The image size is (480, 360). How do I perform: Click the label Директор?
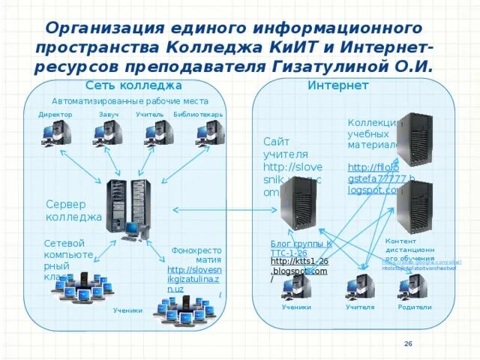click(x=55, y=115)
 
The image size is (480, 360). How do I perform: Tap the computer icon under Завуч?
click(x=106, y=133)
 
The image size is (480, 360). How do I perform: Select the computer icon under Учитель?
click(x=158, y=133)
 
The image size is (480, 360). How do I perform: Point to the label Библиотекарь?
click(x=197, y=115)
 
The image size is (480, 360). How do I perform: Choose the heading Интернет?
click(x=337, y=85)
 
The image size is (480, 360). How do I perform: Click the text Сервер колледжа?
click(x=73, y=211)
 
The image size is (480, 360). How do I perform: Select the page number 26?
click(x=409, y=343)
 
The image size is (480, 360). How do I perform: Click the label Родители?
click(x=415, y=307)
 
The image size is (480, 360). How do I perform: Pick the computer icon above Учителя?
click(x=360, y=287)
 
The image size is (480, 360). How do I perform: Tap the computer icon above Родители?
click(x=412, y=287)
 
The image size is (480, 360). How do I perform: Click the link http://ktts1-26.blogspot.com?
click(x=299, y=265)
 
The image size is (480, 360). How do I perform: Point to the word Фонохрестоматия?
click(x=196, y=255)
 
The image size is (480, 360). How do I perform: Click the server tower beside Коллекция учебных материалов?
click(x=413, y=138)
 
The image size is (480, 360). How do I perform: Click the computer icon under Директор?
click(x=56, y=133)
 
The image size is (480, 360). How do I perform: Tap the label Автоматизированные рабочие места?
click(x=130, y=100)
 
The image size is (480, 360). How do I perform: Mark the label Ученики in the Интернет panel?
click(x=296, y=307)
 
